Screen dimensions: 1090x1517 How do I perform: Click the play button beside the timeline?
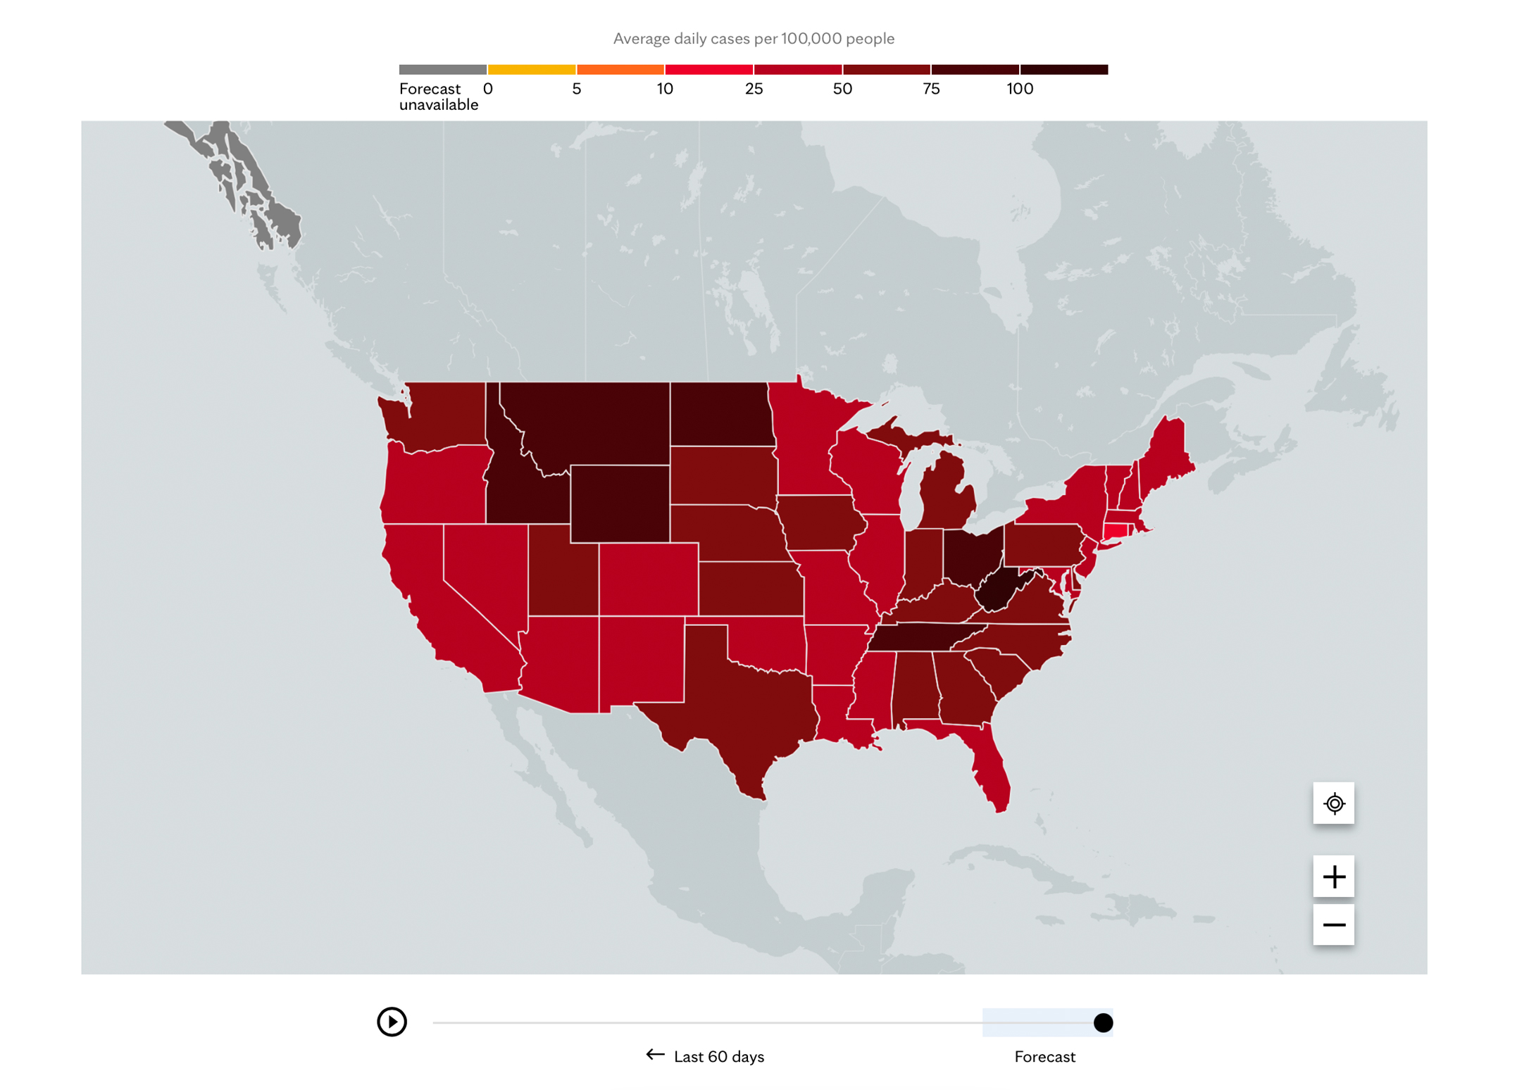click(392, 1022)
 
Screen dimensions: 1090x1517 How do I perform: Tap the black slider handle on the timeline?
click(1103, 1022)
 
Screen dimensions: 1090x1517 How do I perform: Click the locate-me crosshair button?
click(1333, 803)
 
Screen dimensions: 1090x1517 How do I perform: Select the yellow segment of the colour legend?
click(532, 69)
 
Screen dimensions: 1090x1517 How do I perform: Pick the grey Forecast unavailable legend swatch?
click(442, 69)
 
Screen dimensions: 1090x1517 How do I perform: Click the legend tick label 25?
click(754, 89)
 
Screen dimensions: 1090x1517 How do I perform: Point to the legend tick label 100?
click(1019, 89)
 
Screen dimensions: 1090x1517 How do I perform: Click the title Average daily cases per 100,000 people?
click(754, 39)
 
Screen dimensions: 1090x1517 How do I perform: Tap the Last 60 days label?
click(718, 1056)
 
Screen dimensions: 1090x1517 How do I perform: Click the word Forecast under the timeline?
click(1044, 1056)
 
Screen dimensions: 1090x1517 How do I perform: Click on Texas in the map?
click(739, 704)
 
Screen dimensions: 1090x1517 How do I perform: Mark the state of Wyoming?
click(619, 503)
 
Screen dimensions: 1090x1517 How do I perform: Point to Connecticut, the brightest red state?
click(1116, 532)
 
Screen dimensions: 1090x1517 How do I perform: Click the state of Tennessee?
click(923, 637)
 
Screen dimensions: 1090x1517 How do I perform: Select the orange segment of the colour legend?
click(620, 69)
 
